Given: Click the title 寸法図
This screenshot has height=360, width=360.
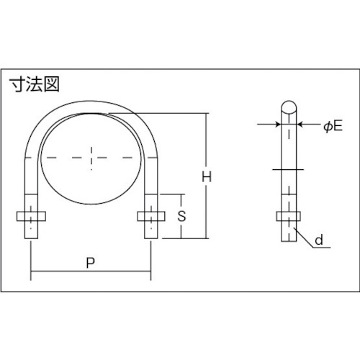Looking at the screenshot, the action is click(x=35, y=84).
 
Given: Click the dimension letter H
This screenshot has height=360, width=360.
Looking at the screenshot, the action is click(x=207, y=177).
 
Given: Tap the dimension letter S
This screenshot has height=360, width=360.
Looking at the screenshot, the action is click(x=181, y=216).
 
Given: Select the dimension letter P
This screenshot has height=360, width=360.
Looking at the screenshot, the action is click(x=90, y=263).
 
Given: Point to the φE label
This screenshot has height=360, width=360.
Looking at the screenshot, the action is click(x=333, y=126).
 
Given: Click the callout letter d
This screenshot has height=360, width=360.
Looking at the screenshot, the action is click(x=319, y=240).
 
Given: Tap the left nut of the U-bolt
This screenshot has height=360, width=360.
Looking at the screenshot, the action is click(x=31, y=216).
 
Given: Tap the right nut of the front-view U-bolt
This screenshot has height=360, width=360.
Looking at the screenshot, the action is click(x=151, y=216).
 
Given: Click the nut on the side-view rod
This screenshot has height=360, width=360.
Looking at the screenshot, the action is click(x=289, y=216).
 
